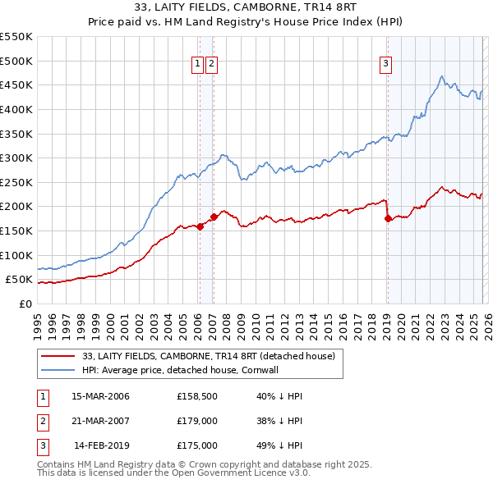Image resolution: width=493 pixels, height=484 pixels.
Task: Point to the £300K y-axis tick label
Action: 16,158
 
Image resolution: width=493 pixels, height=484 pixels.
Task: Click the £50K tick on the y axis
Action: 20,280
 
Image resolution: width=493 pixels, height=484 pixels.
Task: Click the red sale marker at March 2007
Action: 214,217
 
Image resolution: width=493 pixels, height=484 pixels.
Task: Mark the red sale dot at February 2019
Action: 387,219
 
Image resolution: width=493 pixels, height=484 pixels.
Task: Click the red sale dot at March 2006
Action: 200,227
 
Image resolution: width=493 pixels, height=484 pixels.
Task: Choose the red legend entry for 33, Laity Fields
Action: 209,357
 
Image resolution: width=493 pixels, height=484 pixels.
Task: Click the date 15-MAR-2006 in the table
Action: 100,396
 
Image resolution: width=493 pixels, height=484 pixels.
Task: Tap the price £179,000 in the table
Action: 196,421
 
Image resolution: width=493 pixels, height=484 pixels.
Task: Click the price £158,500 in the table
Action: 196,396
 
